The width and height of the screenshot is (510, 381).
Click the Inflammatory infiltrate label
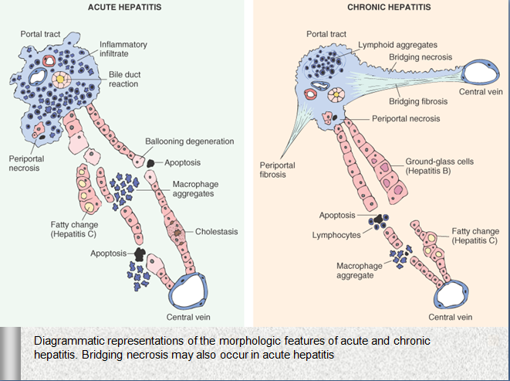coord(123,49)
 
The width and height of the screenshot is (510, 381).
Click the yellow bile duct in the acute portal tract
coord(61,80)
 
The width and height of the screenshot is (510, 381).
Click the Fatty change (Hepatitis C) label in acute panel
coord(73,230)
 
